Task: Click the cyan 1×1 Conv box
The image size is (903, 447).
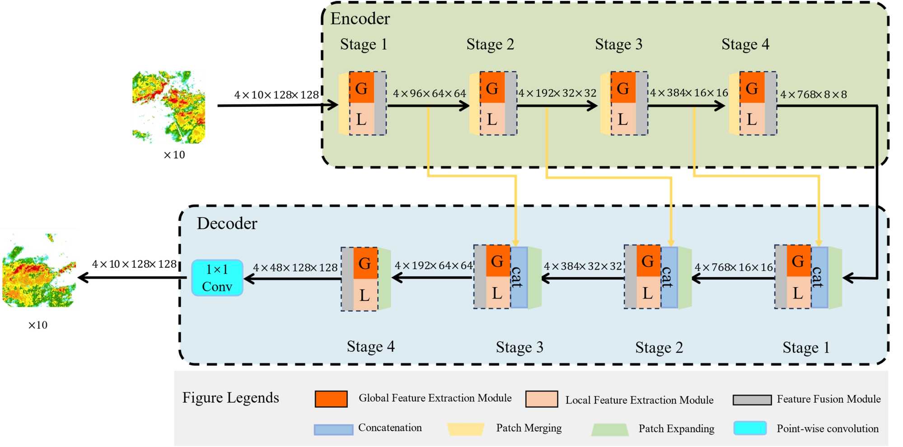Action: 217,278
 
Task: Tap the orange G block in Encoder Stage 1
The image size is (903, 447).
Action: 361,88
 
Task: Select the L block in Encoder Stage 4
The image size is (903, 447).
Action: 752,119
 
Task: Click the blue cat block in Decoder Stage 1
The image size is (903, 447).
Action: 819,277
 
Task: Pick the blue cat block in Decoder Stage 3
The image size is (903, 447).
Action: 519,277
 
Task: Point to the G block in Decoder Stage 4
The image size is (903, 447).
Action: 365,263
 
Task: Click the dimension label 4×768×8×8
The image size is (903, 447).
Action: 813,94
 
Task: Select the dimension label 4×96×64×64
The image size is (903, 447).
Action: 429,93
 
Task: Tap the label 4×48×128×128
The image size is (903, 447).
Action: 295,268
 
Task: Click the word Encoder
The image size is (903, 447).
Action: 360,19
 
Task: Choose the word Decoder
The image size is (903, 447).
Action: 227,223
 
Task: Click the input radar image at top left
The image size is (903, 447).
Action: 168,107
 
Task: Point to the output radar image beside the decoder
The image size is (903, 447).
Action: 39,270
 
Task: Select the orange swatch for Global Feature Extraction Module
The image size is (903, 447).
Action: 331,399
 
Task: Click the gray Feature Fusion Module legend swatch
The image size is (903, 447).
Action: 752,400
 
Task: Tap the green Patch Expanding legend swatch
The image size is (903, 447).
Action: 610,429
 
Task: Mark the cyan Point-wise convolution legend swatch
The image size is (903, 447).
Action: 750,428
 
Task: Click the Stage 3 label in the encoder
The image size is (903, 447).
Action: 618,44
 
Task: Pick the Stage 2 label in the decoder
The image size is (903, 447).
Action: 659,347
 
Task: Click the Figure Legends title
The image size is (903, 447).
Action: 230,398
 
